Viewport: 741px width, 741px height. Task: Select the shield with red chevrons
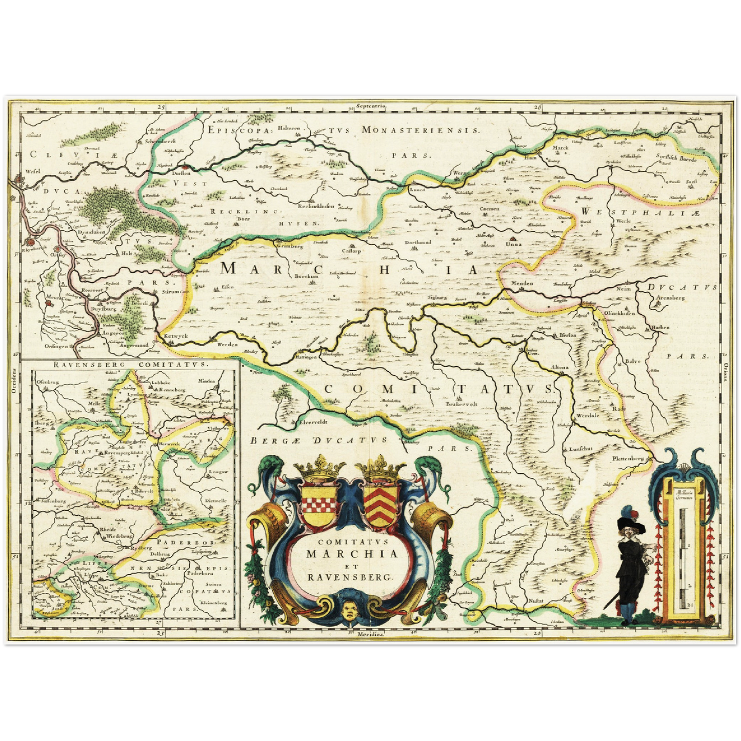click(381, 504)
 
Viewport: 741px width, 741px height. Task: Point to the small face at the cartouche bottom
click(351, 610)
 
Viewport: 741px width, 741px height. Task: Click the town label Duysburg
click(101, 310)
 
